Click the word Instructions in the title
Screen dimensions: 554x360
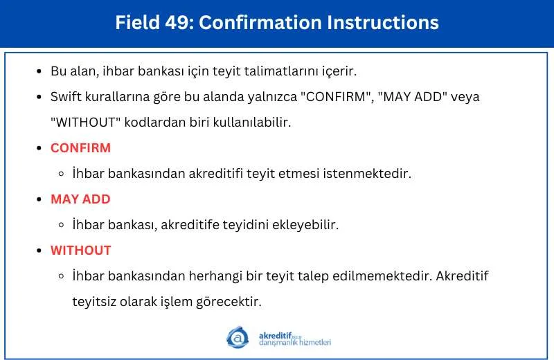pos(383,23)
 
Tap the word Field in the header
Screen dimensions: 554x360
pos(138,23)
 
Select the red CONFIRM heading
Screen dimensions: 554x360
pos(80,148)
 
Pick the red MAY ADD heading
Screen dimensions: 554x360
pos(80,199)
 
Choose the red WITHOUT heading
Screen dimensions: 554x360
pos(81,251)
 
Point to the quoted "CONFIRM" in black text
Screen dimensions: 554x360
pos(336,97)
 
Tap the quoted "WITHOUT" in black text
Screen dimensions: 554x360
pos(85,123)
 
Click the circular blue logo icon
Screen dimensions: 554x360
pos(238,337)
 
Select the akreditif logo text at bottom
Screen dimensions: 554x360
pos(295,339)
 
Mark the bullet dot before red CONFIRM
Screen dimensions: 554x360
pos(39,148)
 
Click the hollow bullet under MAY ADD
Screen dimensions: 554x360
pos(62,225)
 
